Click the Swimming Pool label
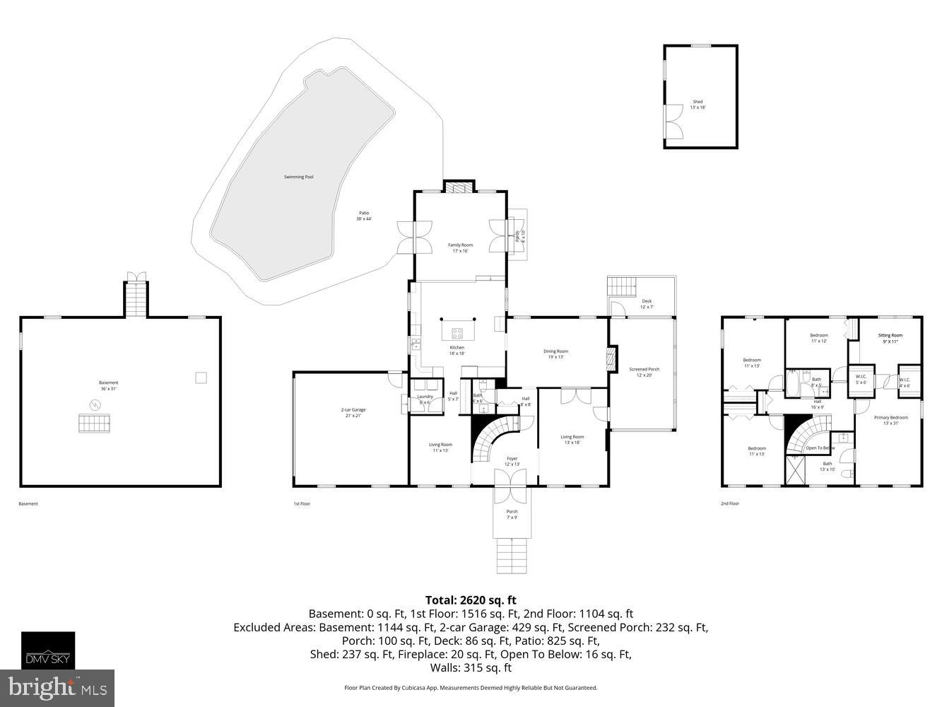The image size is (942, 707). click(x=298, y=177)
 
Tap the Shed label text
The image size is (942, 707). click(x=697, y=104)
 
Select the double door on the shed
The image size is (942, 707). click(x=674, y=121)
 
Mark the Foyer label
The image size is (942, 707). click(x=512, y=462)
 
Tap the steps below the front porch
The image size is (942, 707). click(x=512, y=557)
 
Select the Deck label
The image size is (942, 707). click(x=647, y=304)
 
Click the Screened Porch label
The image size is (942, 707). click(x=644, y=372)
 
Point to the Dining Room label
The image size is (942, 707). click(x=555, y=353)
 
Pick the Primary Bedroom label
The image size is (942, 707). click(x=890, y=420)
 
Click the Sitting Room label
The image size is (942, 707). click(x=890, y=338)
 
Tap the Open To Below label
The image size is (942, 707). click(x=820, y=448)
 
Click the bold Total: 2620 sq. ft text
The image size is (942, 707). click(x=471, y=600)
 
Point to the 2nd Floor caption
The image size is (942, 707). click(x=729, y=503)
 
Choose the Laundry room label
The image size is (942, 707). click(x=425, y=399)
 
